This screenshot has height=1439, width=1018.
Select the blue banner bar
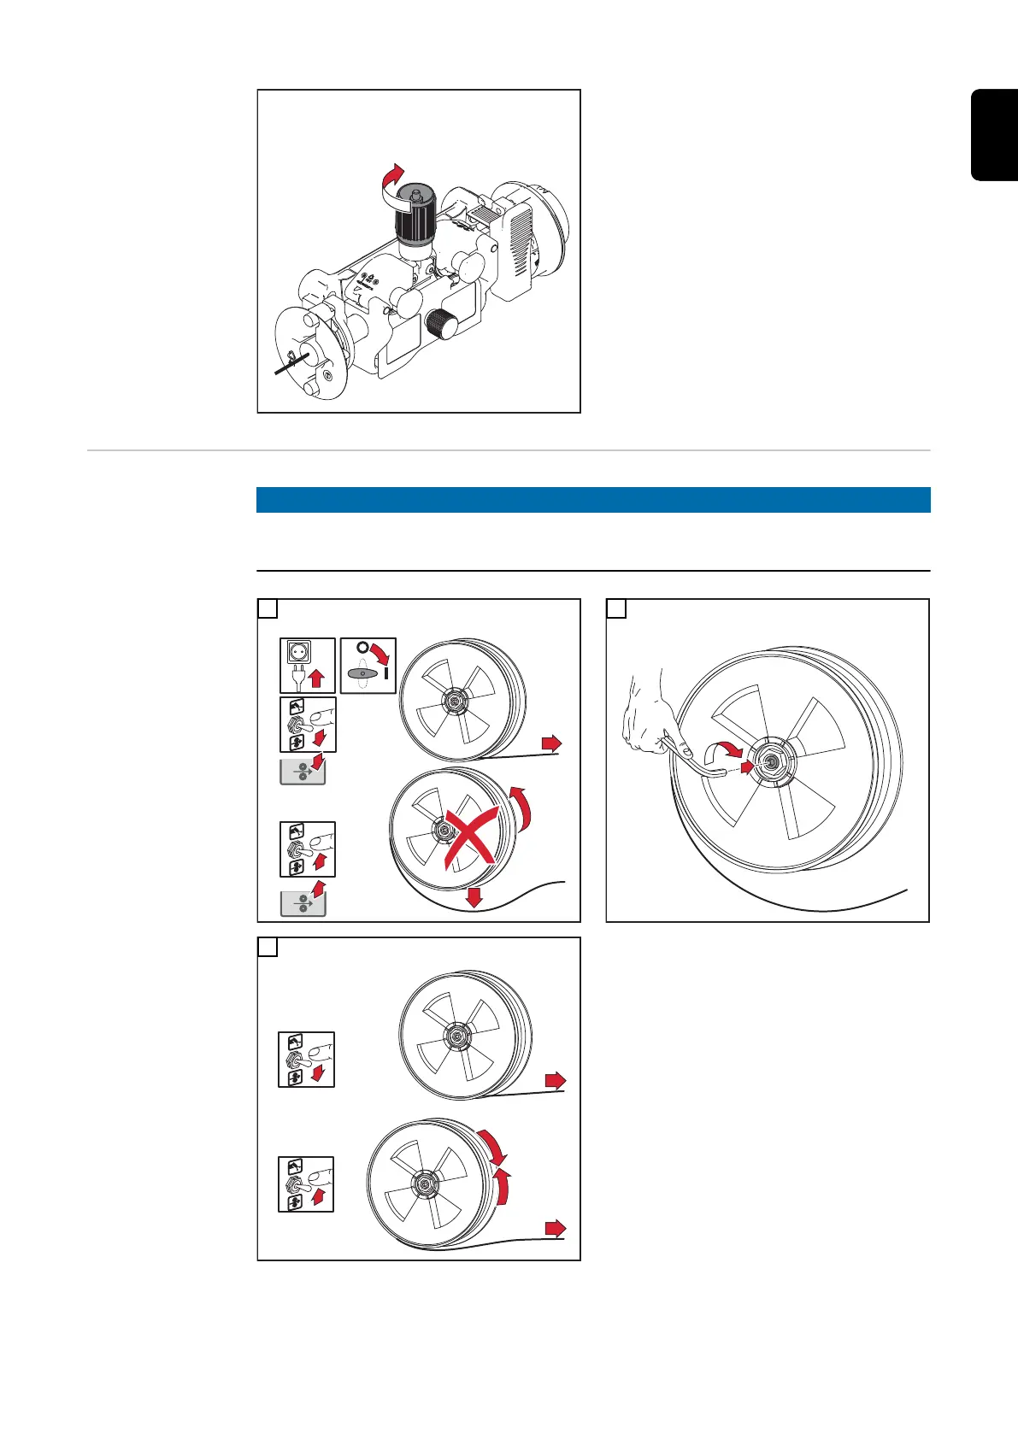(x=593, y=500)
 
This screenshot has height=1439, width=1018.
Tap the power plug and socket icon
(x=307, y=665)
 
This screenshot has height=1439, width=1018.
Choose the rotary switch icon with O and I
(x=368, y=665)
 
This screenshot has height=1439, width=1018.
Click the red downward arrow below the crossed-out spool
(x=474, y=896)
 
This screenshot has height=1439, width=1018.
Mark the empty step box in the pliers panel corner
(x=616, y=608)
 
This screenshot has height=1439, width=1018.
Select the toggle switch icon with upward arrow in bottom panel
(x=306, y=1184)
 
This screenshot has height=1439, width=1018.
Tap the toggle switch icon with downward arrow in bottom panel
(x=306, y=1060)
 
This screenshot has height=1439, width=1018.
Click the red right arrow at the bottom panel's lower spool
(x=556, y=1229)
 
